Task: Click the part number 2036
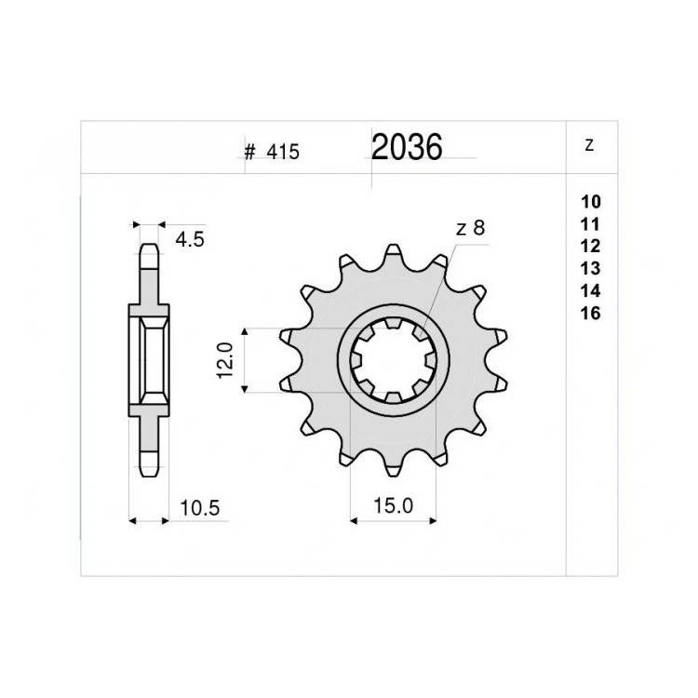click(407, 147)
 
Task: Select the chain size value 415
click(283, 153)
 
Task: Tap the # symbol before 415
click(249, 153)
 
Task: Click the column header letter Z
click(589, 145)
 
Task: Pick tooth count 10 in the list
click(591, 202)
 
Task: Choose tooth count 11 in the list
click(591, 224)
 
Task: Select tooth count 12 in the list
click(591, 247)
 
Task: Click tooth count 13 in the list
click(591, 268)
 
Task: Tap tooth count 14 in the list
click(591, 290)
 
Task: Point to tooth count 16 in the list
click(591, 314)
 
